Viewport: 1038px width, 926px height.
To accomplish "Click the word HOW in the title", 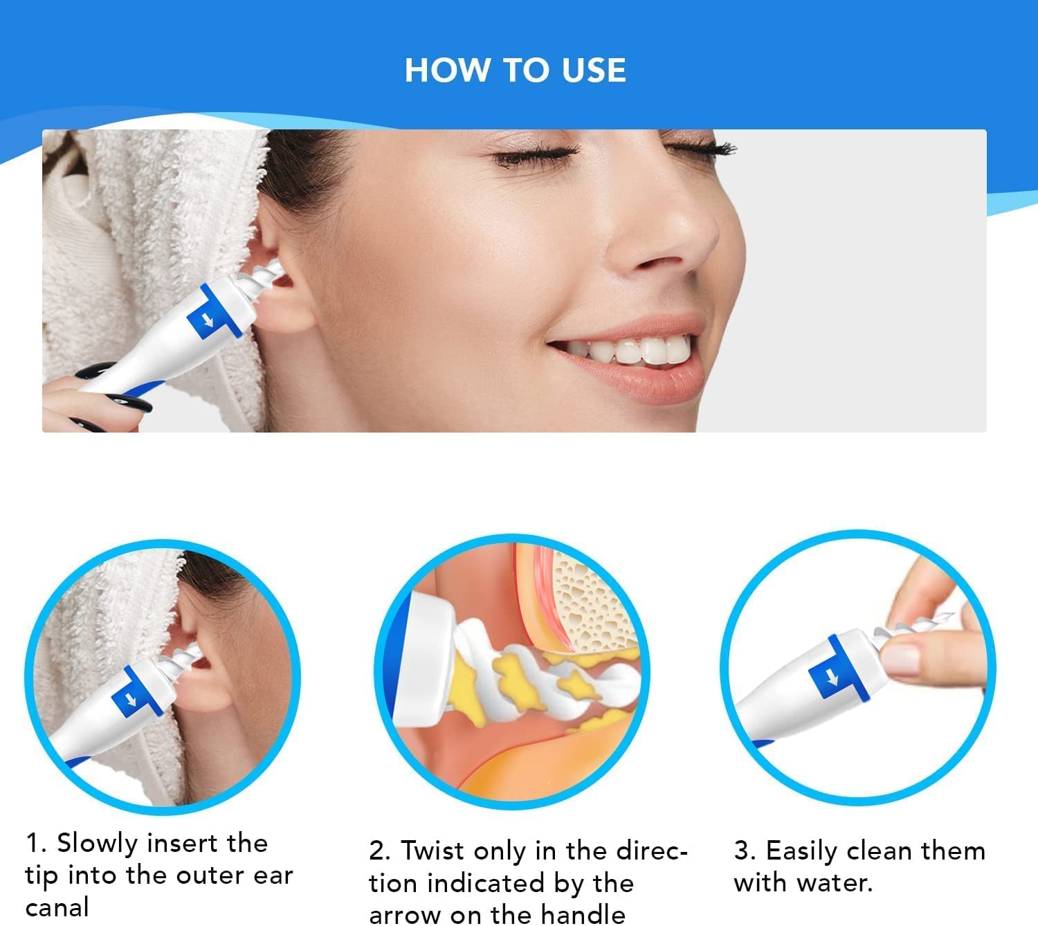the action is [x=447, y=70].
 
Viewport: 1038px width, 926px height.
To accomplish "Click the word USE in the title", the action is [x=594, y=70].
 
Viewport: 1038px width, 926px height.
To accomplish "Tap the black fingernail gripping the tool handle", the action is [x=131, y=402].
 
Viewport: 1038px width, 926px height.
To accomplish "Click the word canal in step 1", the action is [x=57, y=907].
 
